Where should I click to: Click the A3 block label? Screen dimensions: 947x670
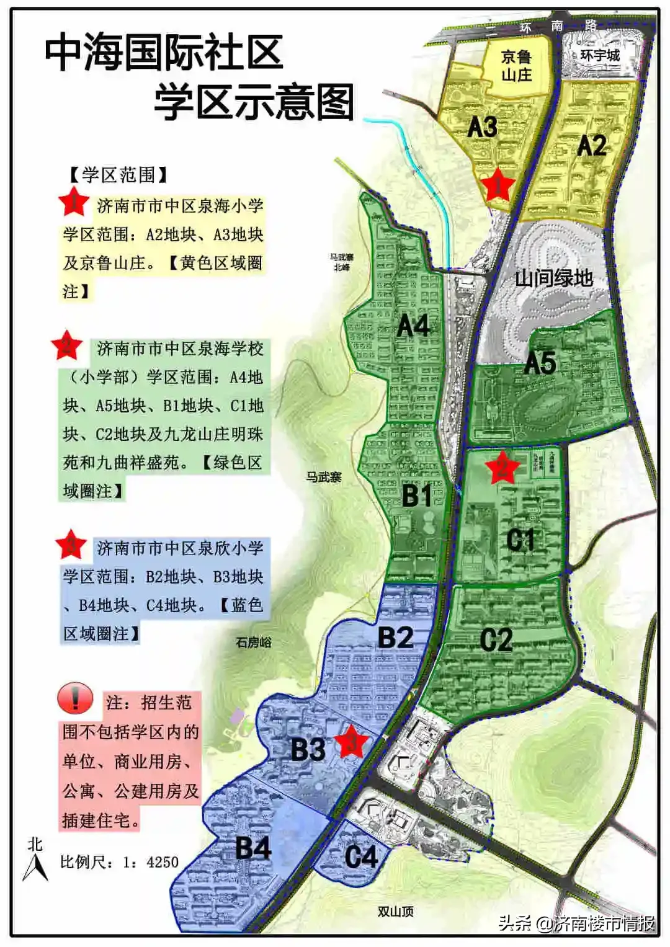tap(482, 127)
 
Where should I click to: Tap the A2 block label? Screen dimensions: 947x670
tap(591, 146)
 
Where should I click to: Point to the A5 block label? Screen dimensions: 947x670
tap(540, 363)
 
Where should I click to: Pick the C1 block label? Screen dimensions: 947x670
tap(520, 540)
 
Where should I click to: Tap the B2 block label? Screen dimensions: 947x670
tap(395, 637)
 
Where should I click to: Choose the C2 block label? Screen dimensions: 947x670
tap(496, 639)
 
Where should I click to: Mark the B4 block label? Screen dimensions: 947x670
tap(253, 848)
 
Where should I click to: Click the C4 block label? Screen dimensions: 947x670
tap(361, 857)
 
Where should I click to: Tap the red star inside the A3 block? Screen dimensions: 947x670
tap(498, 184)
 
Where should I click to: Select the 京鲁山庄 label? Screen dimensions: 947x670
tap(517, 66)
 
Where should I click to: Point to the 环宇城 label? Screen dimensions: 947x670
tap(600, 55)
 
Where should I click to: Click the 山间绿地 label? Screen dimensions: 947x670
tap(554, 278)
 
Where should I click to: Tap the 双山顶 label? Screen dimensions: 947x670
tap(395, 911)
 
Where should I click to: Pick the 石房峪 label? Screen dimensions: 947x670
tap(253, 642)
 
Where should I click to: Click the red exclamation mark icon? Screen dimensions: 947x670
tap(75, 698)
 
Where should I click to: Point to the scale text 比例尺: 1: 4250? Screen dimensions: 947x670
tap(119, 861)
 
